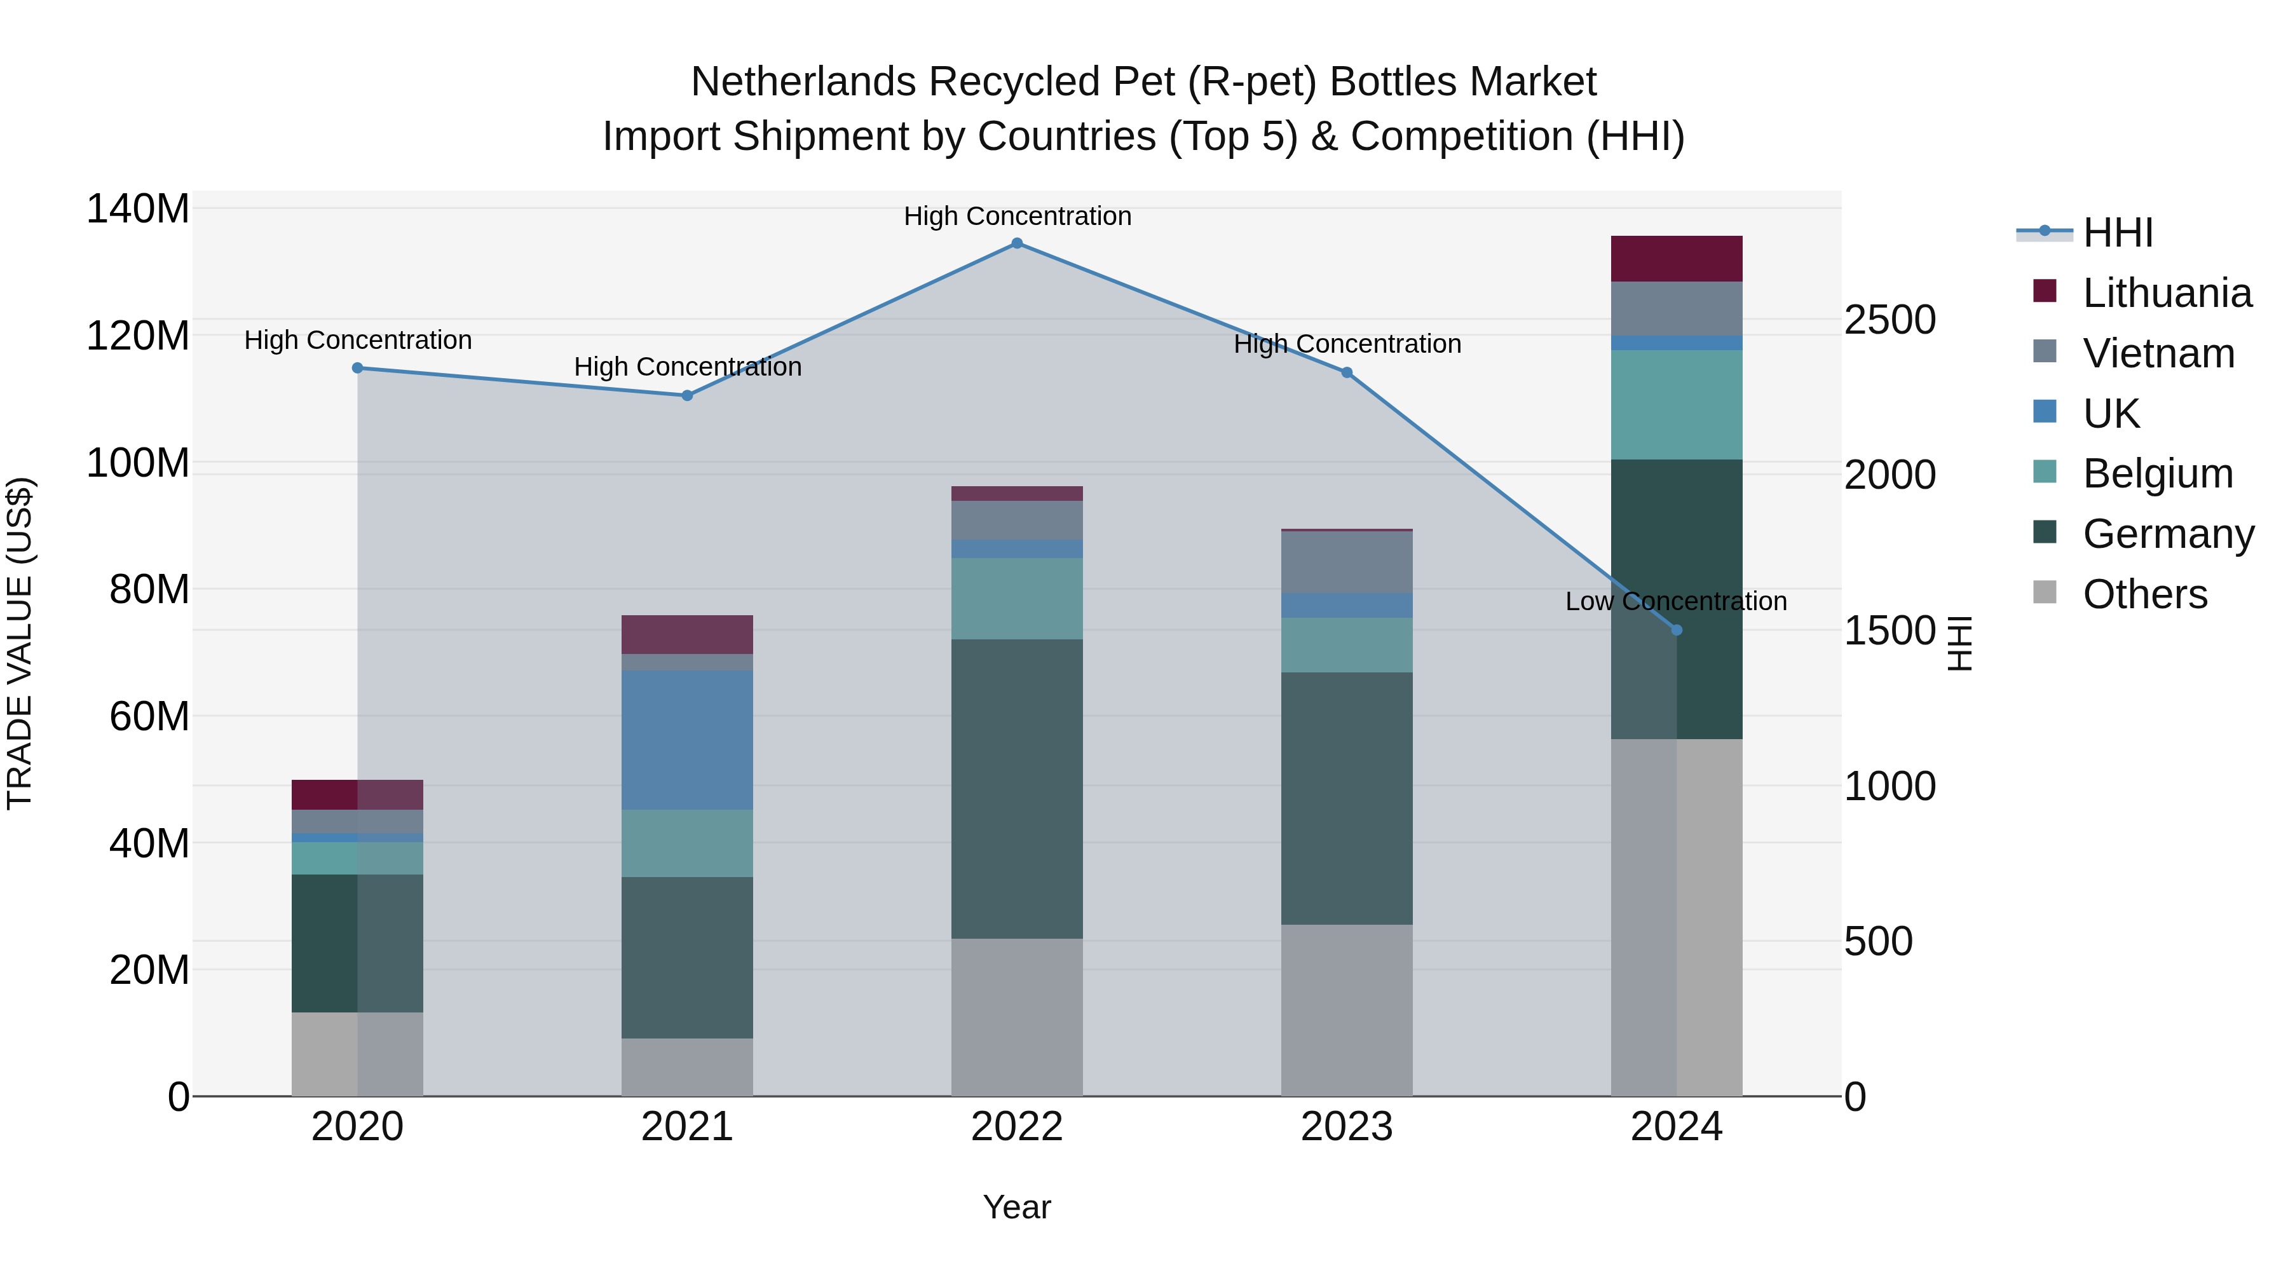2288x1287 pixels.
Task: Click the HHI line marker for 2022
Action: click(x=1017, y=243)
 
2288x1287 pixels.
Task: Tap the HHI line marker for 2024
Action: click(x=1676, y=630)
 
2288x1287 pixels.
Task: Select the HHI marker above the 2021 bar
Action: click(x=686, y=395)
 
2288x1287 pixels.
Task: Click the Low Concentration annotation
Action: click(x=1675, y=601)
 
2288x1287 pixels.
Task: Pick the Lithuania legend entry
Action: click(x=2167, y=293)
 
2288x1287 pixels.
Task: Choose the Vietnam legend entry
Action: click(x=2158, y=353)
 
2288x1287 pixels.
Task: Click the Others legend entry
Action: click(x=2144, y=594)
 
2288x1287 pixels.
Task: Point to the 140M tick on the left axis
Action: click(x=138, y=210)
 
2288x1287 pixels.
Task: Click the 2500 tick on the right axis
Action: click(x=1890, y=320)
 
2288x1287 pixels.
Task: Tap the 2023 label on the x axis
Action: click(x=1347, y=1127)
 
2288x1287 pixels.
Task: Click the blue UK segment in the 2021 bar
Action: click(x=686, y=739)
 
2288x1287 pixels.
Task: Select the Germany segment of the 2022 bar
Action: click(x=1017, y=788)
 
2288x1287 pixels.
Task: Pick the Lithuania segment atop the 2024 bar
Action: click(x=1676, y=259)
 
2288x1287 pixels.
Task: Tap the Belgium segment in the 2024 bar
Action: click(x=1676, y=404)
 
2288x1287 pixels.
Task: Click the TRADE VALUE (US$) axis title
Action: click(x=20, y=643)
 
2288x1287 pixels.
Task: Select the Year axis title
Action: click(x=1017, y=1207)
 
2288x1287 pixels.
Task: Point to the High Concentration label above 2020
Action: click(x=358, y=340)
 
